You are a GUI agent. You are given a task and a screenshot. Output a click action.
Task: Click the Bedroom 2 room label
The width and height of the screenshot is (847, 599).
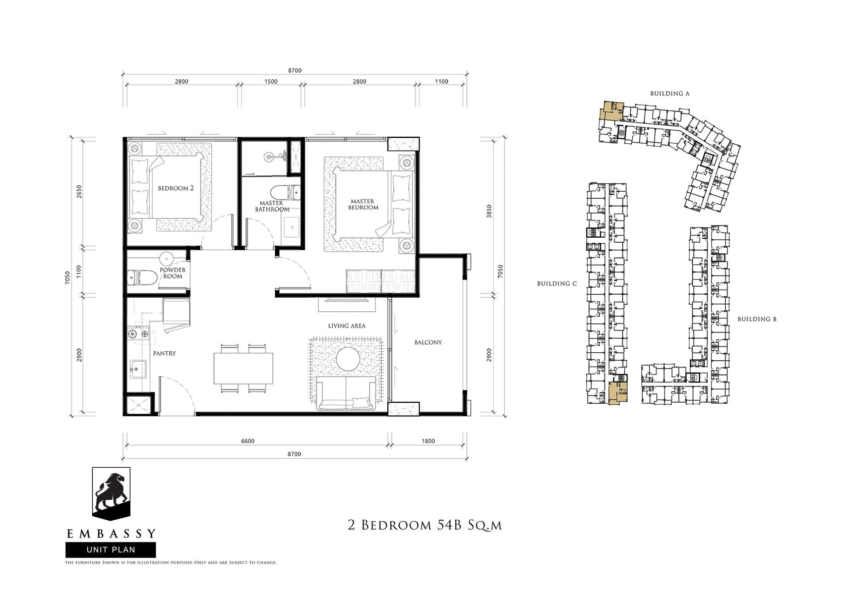pyautogui.click(x=176, y=188)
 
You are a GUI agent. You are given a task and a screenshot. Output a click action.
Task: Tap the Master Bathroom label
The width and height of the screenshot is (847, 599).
pyautogui.click(x=272, y=206)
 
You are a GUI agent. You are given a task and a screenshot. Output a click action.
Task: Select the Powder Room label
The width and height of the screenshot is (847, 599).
pyautogui.click(x=173, y=273)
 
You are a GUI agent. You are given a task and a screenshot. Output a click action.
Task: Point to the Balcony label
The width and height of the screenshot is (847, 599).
pyautogui.click(x=428, y=343)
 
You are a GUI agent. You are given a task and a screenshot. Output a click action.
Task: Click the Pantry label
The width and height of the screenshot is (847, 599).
pyautogui.click(x=164, y=353)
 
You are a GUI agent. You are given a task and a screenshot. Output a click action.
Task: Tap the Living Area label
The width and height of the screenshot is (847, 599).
pyautogui.click(x=347, y=326)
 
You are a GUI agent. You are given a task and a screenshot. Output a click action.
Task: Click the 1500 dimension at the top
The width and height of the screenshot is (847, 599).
pyautogui.click(x=271, y=81)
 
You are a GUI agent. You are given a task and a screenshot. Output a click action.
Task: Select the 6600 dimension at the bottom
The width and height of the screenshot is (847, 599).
pyautogui.click(x=248, y=441)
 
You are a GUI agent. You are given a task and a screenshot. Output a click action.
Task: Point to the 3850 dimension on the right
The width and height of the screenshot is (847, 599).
pyautogui.click(x=489, y=211)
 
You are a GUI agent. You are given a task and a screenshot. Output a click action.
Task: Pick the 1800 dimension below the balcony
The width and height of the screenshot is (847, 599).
pyautogui.click(x=428, y=441)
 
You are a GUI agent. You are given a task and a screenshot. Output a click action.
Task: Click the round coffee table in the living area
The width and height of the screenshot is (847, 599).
pyautogui.click(x=348, y=359)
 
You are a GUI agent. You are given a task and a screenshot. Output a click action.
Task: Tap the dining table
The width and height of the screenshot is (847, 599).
pyautogui.click(x=244, y=368)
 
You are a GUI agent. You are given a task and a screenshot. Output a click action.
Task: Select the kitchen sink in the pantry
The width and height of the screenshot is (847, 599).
pyautogui.click(x=138, y=368)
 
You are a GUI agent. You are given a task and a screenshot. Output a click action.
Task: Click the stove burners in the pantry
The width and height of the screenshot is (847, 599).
pyautogui.click(x=138, y=334)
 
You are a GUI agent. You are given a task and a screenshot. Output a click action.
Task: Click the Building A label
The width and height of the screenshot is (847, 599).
pyautogui.click(x=670, y=93)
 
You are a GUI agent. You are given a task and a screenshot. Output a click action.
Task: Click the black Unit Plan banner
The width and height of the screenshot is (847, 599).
pyautogui.click(x=111, y=550)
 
